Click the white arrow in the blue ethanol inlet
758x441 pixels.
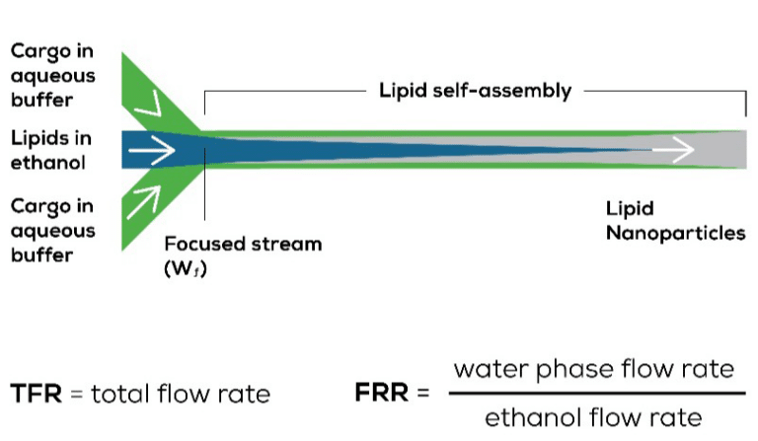pyautogui.click(x=151, y=150)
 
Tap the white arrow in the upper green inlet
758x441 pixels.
pyautogui.click(x=149, y=105)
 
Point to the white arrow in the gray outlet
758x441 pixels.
pyautogui.click(x=673, y=149)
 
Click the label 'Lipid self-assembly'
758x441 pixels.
pyautogui.click(x=475, y=91)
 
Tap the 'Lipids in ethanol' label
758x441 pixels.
pyautogui.click(x=50, y=150)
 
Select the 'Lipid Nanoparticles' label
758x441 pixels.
pyautogui.click(x=675, y=221)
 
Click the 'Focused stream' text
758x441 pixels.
pyautogui.click(x=243, y=244)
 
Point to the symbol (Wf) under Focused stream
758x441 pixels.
pyautogui.click(x=186, y=268)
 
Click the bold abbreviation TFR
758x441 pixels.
pyautogui.click(x=37, y=394)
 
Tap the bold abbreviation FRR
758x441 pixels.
pyautogui.click(x=381, y=393)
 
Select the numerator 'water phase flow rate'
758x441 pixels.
pyautogui.click(x=593, y=370)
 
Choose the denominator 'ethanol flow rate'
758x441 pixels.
pyautogui.click(x=593, y=417)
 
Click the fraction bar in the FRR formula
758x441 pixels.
pyautogui.click(x=597, y=394)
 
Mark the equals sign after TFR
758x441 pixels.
pyautogui.click(x=76, y=394)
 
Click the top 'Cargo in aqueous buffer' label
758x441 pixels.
pyautogui.click(x=52, y=76)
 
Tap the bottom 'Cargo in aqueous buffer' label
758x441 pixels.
pyautogui.click(x=52, y=231)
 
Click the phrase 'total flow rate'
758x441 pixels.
pyautogui.click(x=181, y=394)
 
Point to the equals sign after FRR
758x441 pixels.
pyautogui.click(x=423, y=393)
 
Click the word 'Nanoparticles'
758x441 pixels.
pyautogui.click(x=676, y=233)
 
